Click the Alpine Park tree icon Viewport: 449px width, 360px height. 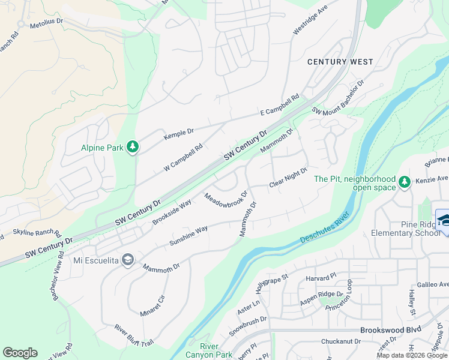[133, 148]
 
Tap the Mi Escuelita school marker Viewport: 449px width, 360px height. [127, 260]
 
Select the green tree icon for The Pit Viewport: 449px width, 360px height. [405, 182]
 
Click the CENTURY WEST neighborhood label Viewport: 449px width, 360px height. [340, 62]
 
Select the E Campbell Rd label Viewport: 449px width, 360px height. [279, 105]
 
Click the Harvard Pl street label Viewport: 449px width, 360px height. [319, 278]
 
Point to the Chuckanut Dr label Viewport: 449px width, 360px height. [340, 341]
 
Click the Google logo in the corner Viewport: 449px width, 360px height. [20, 353]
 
